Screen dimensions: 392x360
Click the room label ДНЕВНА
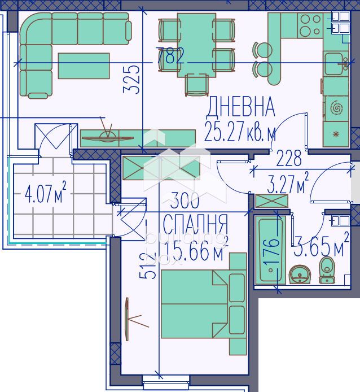point(240,106)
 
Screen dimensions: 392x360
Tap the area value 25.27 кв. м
point(240,133)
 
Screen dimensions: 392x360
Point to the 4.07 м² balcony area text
point(46,194)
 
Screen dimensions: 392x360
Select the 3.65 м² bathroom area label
point(321,247)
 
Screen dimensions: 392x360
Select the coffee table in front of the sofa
point(84,66)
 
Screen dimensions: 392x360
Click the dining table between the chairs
point(196,45)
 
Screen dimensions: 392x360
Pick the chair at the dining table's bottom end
point(196,85)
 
